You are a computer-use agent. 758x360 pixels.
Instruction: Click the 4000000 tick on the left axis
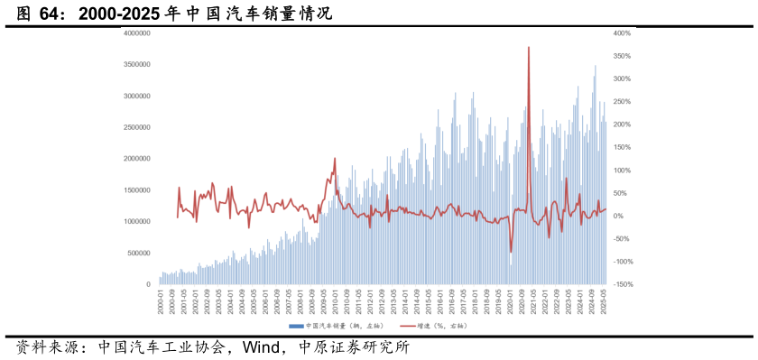click(x=136, y=33)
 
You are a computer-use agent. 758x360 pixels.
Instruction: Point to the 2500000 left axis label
click(x=136, y=127)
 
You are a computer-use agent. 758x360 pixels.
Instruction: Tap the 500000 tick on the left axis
click(x=138, y=254)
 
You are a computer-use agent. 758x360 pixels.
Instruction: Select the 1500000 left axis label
click(x=136, y=190)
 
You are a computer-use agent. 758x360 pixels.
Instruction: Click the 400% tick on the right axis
click(x=623, y=33)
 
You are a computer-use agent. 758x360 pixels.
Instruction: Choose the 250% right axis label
click(x=623, y=102)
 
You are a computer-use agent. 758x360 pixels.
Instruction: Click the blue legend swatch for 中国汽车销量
click(x=296, y=325)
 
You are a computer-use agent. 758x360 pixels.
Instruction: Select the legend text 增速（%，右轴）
click(x=443, y=325)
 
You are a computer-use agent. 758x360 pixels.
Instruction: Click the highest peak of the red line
click(x=528, y=47)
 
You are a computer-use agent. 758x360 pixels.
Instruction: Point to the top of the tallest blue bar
click(x=595, y=66)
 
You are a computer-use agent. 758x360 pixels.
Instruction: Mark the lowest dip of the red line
click(x=511, y=253)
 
